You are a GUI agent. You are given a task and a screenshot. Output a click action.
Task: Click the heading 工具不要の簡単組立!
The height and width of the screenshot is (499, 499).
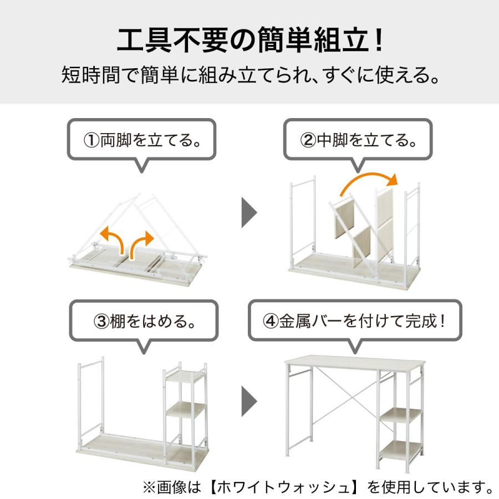point(249,40)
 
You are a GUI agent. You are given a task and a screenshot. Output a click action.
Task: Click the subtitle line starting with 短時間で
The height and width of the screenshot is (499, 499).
point(249,75)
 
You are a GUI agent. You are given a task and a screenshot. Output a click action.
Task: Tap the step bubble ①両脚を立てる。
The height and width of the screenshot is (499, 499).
point(142,140)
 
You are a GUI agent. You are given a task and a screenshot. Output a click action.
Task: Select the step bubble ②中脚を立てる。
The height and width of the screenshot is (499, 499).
point(358,140)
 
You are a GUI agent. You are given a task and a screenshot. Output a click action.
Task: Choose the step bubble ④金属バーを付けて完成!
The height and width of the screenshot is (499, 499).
point(354,321)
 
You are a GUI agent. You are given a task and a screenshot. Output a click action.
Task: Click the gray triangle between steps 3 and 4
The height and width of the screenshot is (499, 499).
point(249,400)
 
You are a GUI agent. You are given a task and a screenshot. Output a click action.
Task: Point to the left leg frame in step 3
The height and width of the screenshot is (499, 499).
point(91,399)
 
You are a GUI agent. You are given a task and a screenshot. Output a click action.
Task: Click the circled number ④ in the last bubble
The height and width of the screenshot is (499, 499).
point(270,322)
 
